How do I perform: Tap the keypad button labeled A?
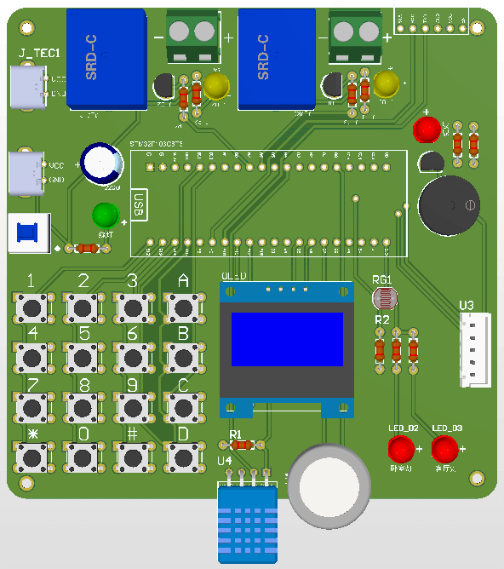(x=181, y=307)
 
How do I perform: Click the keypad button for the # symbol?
(x=132, y=457)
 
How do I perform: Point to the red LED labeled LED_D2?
(x=400, y=449)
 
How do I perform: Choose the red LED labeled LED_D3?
(x=444, y=449)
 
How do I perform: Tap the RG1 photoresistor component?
(x=385, y=298)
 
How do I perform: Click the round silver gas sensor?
(x=329, y=486)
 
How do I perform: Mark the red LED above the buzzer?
(x=427, y=129)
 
